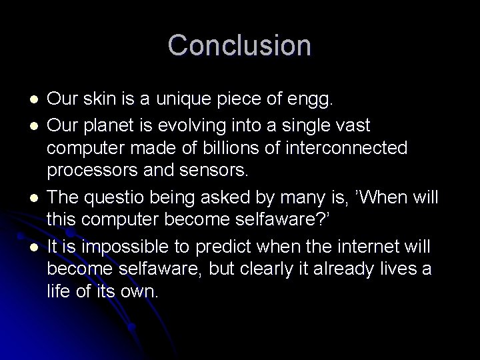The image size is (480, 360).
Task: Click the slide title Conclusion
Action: pos(239,45)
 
